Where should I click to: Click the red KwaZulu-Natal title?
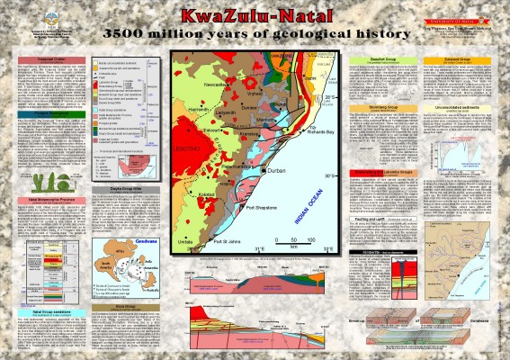point(255,17)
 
